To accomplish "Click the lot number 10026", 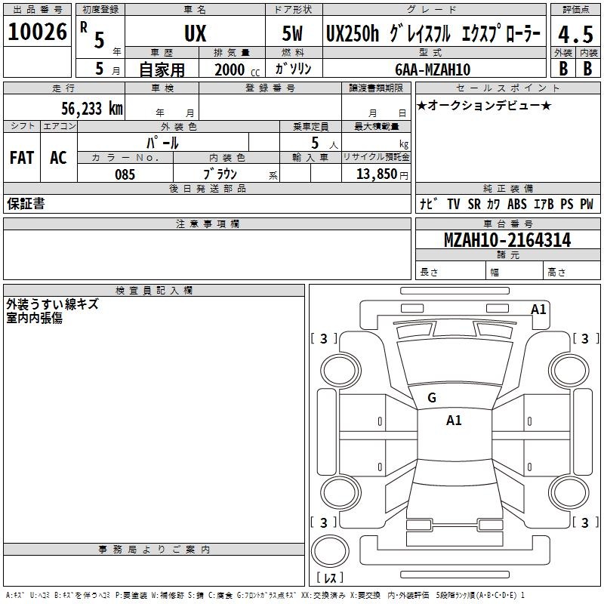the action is coord(37,32).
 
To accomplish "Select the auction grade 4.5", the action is coord(575,34).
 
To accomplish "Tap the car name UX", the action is coord(196,33).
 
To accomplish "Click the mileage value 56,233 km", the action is coord(92,108).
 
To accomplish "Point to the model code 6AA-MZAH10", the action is coord(433,69).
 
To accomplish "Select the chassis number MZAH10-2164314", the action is coord(507,240).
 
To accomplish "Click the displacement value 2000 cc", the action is coord(237,69).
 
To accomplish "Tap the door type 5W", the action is coord(292,33).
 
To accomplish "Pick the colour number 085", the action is coord(125,174).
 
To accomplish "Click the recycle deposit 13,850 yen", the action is coord(382,174).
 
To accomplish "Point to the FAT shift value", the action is coord(22,158).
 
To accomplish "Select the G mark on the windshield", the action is coord(432,398).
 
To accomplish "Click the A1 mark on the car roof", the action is coord(454,421).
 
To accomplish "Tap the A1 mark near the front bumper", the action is coord(538,310).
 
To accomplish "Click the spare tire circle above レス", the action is coord(330,550).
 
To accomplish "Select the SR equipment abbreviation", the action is coord(474,204).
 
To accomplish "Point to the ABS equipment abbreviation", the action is coord(517,204).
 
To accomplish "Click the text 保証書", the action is coord(26,203).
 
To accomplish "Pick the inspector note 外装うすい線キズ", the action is coord(52,304).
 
